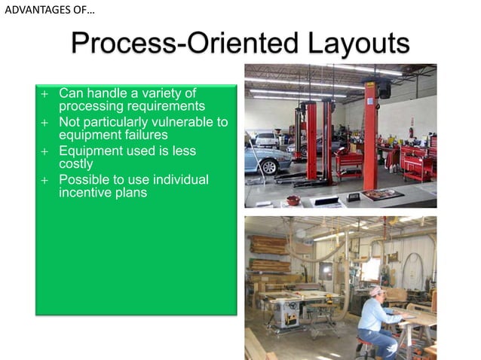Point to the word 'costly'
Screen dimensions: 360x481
coord(76,163)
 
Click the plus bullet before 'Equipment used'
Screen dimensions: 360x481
coord(44,151)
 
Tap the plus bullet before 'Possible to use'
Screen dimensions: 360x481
coord(44,180)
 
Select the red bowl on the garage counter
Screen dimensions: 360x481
coord(293,200)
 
